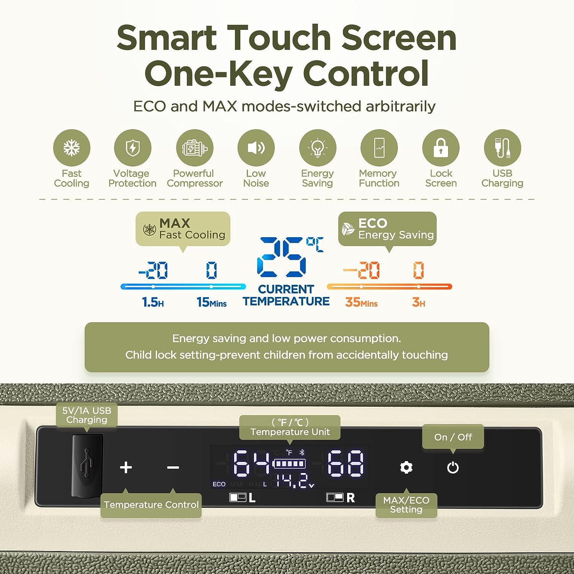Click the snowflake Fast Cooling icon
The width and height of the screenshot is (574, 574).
[72, 148]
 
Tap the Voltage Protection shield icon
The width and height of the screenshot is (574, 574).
[133, 148]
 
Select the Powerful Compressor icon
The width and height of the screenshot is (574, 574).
[195, 148]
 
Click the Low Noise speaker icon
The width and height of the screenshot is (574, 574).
[256, 148]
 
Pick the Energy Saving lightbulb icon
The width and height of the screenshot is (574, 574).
[318, 148]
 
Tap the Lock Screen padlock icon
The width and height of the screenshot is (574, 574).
[441, 148]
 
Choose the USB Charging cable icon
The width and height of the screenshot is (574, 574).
[502, 148]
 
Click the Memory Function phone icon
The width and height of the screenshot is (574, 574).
[379, 148]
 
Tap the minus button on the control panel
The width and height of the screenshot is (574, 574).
[173, 467]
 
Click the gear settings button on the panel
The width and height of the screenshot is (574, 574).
[406, 467]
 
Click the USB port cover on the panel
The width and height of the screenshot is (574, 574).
[87, 466]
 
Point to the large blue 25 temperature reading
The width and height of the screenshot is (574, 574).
[282, 257]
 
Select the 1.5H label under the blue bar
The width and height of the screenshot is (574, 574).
[153, 302]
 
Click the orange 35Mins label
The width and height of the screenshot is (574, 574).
[361, 302]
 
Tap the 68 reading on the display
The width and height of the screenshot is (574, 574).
[345, 463]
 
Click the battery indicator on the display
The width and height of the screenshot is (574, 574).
[289, 464]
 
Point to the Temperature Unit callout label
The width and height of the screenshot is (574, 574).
[290, 427]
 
